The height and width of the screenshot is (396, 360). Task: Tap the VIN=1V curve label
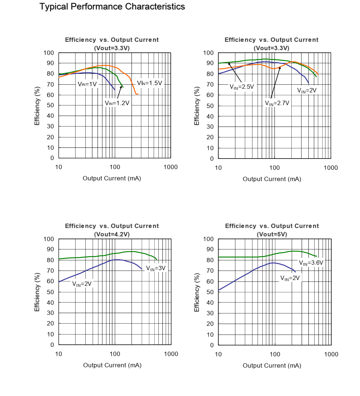click(x=88, y=84)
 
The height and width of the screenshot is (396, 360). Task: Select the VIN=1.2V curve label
click(x=117, y=103)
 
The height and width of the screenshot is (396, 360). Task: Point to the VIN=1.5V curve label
click(x=149, y=83)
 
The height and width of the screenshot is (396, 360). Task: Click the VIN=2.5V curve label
click(x=242, y=87)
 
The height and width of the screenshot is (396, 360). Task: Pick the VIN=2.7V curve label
click(x=277, y=103)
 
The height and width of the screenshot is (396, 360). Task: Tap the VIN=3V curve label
click(x=155, y=268)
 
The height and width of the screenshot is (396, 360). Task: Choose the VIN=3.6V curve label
click(x=311, y=263)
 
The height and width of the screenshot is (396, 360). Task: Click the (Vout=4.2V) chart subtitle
click(x=112, y=234)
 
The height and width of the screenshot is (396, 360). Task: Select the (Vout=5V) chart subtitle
click(x=272, y=234)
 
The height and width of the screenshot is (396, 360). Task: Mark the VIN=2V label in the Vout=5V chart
click(x=290, y=278)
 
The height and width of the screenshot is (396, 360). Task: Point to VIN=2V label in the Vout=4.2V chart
click(x=82, y=284)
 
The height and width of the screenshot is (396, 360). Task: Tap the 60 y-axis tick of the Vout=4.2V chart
click(x=48, y=281)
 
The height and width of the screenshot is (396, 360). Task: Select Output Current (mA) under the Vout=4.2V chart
click(x=112, y=365)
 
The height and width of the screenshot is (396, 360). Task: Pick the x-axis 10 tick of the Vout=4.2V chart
click(x=58, y=354)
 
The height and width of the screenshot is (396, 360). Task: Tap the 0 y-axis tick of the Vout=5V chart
click(x=212, y=345)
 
